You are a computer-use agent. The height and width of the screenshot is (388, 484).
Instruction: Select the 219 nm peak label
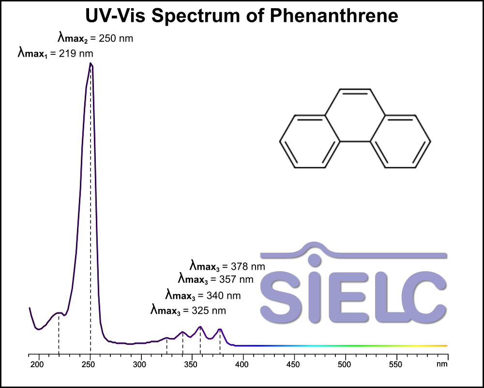[x=56, y=53]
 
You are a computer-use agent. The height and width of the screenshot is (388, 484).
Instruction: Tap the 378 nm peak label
[x=227, y=266]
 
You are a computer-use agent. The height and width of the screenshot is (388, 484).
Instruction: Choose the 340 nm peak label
[x=203, y=295]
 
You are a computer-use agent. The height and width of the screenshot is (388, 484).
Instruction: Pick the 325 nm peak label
[x=188, y=310]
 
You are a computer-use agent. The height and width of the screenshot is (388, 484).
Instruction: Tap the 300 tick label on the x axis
[x=140, y=364]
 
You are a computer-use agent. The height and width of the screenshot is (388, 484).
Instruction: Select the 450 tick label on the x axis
[x=294, y=364]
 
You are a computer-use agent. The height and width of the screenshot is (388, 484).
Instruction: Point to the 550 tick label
[x=396, y=364]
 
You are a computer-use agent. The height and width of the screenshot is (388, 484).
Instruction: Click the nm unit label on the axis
[x=442, y=364]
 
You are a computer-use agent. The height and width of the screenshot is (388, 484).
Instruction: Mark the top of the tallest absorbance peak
[x=91, y=64]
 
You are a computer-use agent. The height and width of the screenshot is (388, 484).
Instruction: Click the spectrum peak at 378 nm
[x=220, y=329]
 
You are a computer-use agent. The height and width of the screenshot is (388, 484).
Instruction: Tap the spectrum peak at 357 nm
[x=200, y=327]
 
